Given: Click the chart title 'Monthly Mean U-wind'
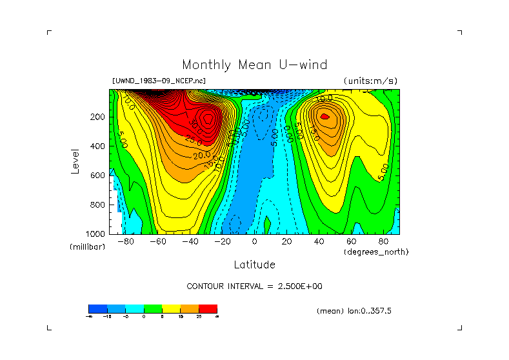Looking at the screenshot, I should tap(254, 65).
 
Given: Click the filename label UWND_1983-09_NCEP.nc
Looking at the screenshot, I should tap(159, 81).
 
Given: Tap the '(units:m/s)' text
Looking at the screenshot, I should tap(370, 81).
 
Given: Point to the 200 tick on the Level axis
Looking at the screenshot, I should tap(97, 117).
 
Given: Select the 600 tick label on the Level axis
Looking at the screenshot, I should tap(97, 175).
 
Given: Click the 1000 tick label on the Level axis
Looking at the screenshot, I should tap(95, 234).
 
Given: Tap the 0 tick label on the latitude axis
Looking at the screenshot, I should tap(255, 242).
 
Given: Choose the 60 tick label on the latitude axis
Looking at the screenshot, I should tap(352, 242).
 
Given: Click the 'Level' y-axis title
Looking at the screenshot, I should tap(76, 161).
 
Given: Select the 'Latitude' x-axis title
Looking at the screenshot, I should tap(254, 265).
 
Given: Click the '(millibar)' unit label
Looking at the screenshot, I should tap(87, 247).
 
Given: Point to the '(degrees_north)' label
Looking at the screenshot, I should tap(376, 252).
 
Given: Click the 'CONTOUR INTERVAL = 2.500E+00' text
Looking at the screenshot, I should tap(254, 286).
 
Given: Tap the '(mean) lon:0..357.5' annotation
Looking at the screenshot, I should tap(354, 311).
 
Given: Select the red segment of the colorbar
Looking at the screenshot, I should tap(208, 309).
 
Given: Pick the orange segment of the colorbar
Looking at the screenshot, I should tap(190, 309).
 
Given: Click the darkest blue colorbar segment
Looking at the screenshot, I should tap(97, 309).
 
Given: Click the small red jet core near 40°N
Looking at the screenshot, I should tap(325, 117).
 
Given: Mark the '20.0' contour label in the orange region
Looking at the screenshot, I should tap(201, 155).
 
